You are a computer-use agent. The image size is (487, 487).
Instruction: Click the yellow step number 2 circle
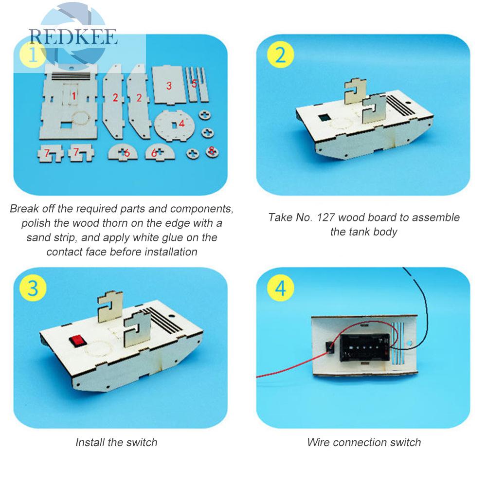click(x=280, y=54)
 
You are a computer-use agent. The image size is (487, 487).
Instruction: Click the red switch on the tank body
click(x=77, y=341)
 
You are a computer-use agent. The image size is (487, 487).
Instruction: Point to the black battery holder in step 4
click(x=364, y=347)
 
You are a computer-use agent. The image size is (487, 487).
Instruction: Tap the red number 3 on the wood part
click(x=169, y=86)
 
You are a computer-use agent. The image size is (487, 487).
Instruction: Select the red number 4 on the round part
click(x=181, y=124)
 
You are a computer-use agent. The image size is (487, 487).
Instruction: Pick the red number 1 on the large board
click(x=74, y=96)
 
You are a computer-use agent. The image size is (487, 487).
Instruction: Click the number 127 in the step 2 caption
click(x=326, y=217)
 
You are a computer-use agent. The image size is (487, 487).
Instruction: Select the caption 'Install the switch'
click(x=116, y=442)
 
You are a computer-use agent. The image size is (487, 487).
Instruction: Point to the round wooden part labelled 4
click(x=174, y=126)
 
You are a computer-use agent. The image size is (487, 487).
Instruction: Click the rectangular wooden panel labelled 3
click(x=169, y=85)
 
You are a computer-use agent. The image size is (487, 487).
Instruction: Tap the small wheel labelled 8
click(x=212, y=152)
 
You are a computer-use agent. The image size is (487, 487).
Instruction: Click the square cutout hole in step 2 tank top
click(x=325, y=118)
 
